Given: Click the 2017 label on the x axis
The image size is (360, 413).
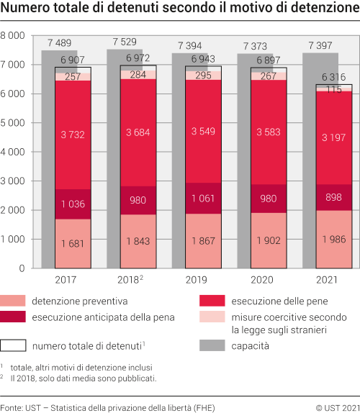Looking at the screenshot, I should [x=67, y=278].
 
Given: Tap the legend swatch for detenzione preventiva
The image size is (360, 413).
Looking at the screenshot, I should [x=22, y=300].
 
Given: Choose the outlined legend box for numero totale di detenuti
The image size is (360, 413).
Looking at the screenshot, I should [x=22, y=346].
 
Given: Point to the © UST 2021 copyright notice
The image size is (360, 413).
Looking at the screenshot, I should [x=336, y=408].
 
